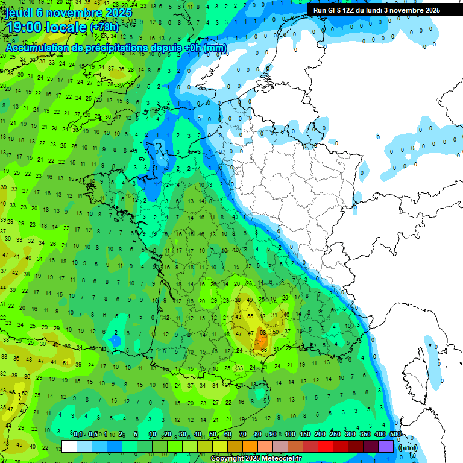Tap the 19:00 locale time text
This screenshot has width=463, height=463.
pos(45,27)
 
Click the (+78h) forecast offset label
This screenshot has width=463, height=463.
pos(105,27)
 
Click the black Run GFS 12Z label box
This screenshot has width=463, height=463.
pos(376,10)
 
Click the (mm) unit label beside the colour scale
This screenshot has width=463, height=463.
pos(408,447)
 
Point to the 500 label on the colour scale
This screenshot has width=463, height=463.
pos(395,434)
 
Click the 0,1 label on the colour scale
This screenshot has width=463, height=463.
pos(78,434)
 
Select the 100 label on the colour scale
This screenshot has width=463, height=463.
pos(290,434)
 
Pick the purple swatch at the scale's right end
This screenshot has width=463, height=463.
pos(386,446)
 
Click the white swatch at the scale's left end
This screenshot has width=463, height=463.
pos(69,446)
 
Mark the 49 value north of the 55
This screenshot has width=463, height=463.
pos(250,300)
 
